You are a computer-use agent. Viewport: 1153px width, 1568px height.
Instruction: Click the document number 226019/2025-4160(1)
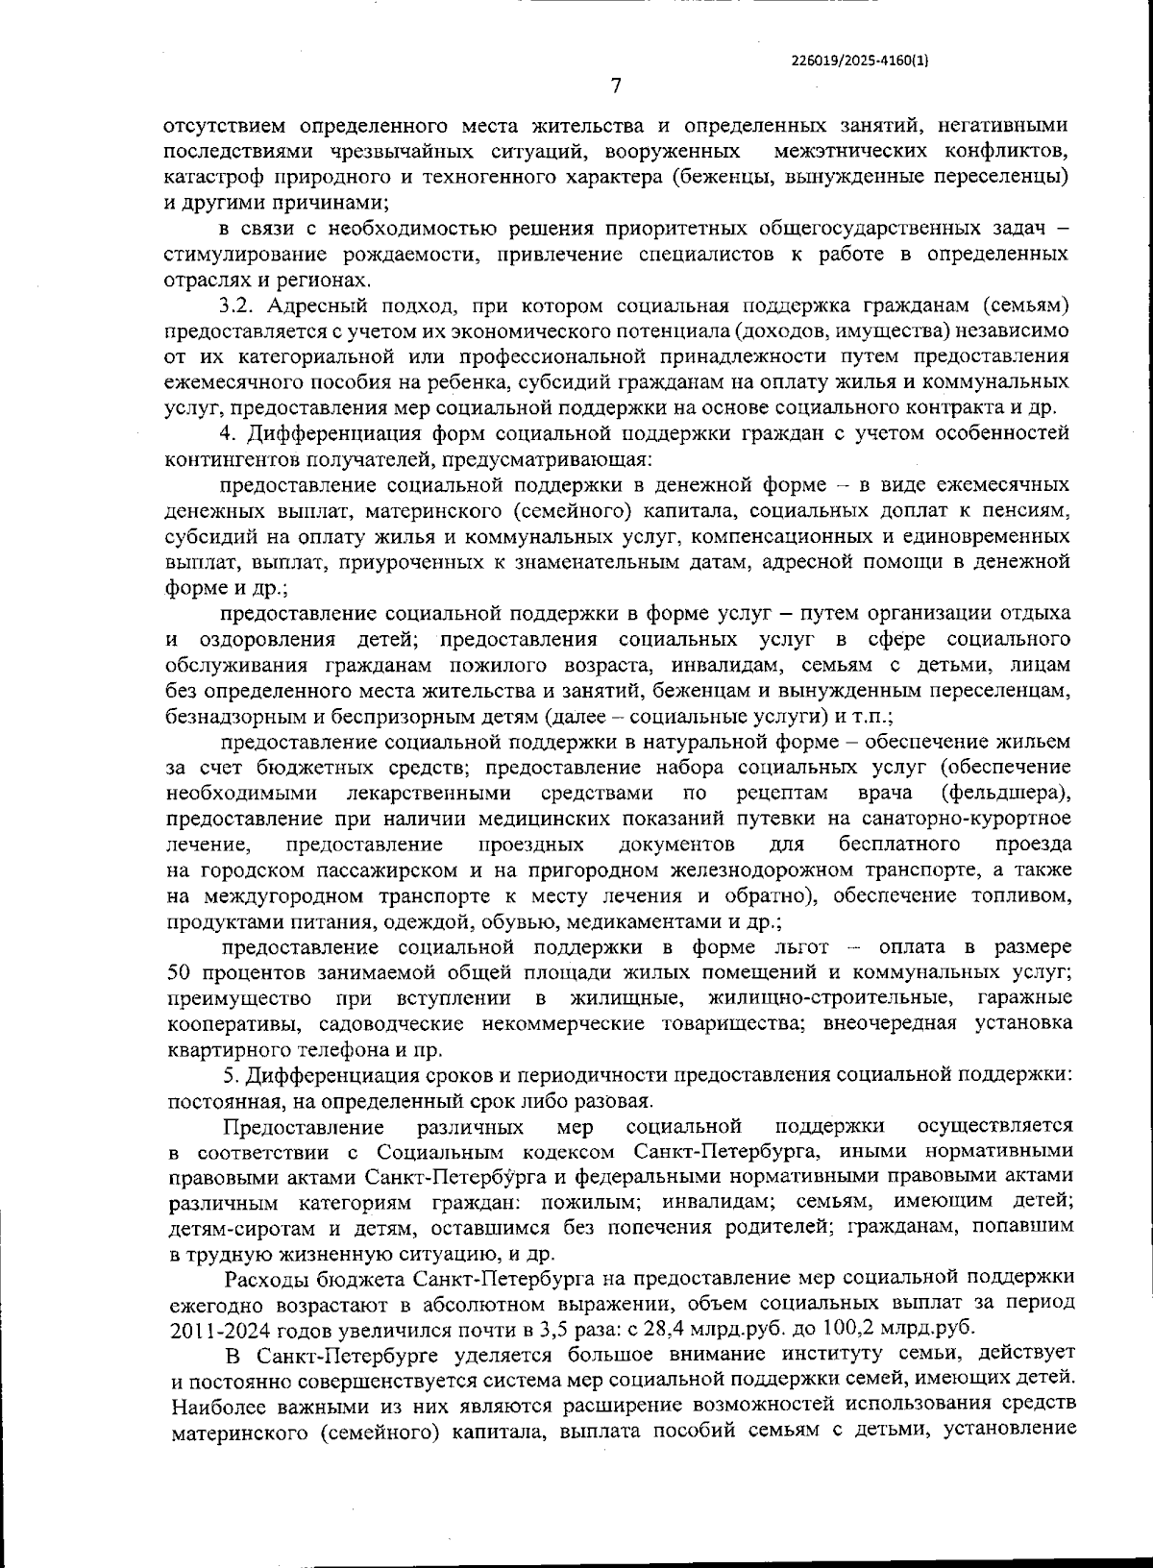[860, 60]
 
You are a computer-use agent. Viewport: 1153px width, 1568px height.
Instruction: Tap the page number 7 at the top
[616, 86]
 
